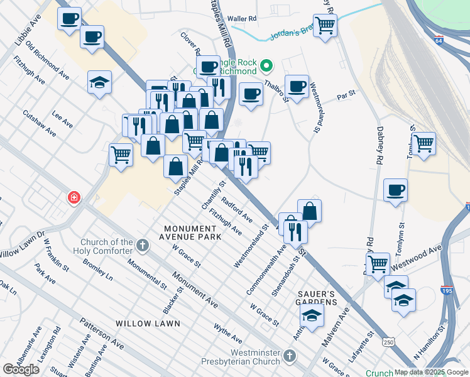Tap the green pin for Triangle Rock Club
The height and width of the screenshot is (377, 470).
[266, 65]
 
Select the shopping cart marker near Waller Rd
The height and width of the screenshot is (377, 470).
[325, 26]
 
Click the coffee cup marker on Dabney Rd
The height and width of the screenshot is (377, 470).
[395, 190]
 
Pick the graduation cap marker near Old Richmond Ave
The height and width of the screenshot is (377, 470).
[99, 82]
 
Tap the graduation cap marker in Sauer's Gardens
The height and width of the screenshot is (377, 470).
[311, 315]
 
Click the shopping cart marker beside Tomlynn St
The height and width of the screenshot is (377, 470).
[424, 143]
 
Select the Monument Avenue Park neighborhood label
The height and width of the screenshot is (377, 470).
[192, 232]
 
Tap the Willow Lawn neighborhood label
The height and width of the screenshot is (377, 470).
[148, 324]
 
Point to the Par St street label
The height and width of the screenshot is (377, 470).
[346, 95]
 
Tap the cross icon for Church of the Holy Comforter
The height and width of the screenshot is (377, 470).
[143, 244]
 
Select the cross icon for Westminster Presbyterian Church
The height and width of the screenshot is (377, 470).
[289, 356]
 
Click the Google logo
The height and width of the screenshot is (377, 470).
[21, 369]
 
